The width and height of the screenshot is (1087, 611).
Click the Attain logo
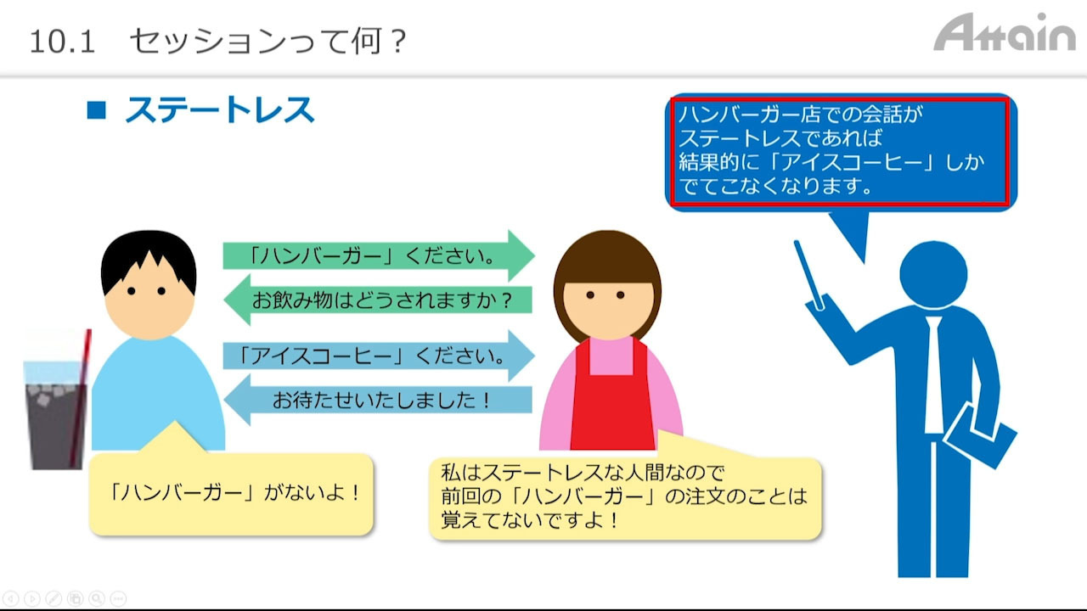pyautogui.click(x=1005, y=32)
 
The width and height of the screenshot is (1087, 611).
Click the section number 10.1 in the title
pyautogui.click(x=62, y=42)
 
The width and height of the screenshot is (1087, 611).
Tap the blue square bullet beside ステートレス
pyautogui.click(x=96, y=110)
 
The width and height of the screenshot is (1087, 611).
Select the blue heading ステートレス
pyautogui.click(x=220, y=110)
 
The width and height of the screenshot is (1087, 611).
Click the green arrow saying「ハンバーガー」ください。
pyautogui.click(x=379, y=255)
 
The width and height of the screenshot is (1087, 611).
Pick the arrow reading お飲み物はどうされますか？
pyautogui.click(x=378, y=300)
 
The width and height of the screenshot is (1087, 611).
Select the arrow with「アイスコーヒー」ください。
pyautogui.click(x=379, y=356)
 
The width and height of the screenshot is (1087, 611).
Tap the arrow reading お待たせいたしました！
pyautogui.click(x=378, y=400)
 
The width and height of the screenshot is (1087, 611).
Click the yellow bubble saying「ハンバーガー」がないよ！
pyautogui.click(x=231, y=494)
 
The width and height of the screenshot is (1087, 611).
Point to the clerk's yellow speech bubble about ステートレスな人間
pyautogui.click(x=625, y=498)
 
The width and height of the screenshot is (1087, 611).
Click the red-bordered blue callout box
pyautogui.click(x=841, y=152)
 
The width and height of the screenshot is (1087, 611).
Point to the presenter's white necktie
pyautogui.click(x=933, y=374)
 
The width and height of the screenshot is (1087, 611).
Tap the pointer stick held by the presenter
pyautogui.click(x=808, y=274)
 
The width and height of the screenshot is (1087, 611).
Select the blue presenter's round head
pyautogui.click(x=933, y=274)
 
